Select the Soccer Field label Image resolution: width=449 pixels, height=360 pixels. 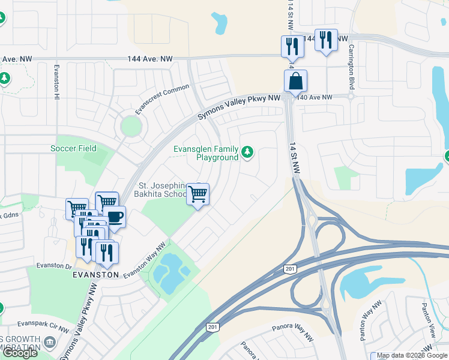click(x=73, y=148)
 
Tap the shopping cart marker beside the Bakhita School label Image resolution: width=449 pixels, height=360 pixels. click(x=197, y=194)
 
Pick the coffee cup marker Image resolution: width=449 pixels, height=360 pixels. click(x=114, y=217)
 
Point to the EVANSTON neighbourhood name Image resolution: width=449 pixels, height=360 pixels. click(x=95, y=274)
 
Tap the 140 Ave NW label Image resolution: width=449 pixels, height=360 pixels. click(x=315, y=97)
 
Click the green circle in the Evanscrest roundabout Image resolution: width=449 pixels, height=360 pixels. click(x=130, y=126)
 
